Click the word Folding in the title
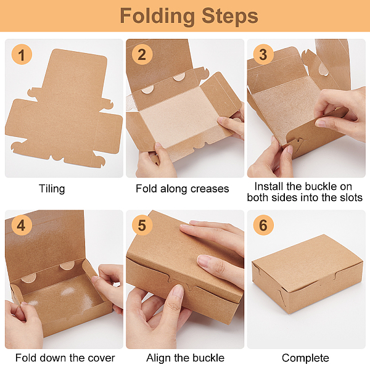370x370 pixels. (157, 16)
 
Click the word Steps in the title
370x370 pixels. (230, 15)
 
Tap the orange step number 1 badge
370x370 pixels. (22, 54)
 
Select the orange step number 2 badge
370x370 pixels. (142, 54)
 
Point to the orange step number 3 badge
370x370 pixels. (263, 54)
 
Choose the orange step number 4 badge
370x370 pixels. (22, 225)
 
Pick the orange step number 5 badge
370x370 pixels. (142, 225)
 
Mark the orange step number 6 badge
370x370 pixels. (263, 225)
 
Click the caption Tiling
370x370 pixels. (52, 189)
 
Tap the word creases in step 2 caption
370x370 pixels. (210, 189)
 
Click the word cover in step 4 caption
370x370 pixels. (102, 358)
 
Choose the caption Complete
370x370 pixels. (305, 358)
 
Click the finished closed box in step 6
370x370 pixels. (307, 274)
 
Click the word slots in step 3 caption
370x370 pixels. (351, 197)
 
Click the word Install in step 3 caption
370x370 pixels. (269, 186)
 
